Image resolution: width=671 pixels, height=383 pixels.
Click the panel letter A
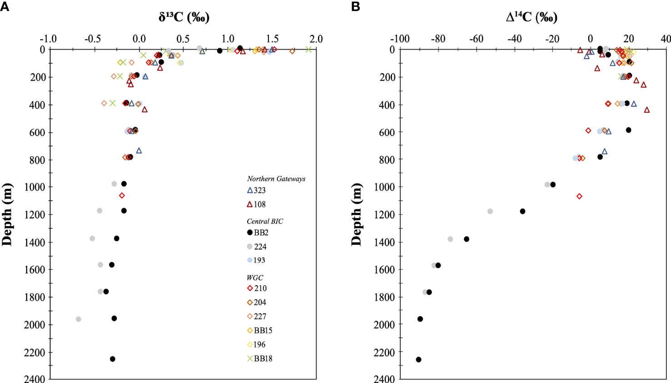tap(5, 6)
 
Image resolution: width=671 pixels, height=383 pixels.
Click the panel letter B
tap(355, 6)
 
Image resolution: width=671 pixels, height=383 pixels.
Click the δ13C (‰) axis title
tap(184, 17)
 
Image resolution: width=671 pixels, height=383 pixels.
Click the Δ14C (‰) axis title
tap(531, 17)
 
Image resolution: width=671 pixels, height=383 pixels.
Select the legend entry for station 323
tap(256, 190)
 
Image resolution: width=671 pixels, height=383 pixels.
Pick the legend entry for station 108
tap(256, 204)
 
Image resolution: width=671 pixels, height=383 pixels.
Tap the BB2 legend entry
tap(258, 232)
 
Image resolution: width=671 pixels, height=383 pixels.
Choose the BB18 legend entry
tap(259, 358)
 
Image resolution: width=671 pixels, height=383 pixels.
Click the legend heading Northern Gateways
tap(276, 179)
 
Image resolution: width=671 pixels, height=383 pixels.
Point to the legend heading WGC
tap(255, 277)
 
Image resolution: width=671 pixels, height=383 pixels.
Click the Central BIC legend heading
tap(265, 221)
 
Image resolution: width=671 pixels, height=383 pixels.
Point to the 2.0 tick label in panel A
tap(316, 39)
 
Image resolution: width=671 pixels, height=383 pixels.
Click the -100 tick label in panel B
tap(400, 39)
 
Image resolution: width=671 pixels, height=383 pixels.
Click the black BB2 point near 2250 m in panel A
tap(113, 359)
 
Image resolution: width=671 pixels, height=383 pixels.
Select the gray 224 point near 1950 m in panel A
tap(79, 319)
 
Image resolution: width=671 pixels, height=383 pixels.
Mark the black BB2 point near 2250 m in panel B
tap(418, 359)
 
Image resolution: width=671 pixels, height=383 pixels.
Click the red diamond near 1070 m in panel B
tap(579, 196)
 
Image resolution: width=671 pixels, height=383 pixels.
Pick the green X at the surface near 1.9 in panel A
tap(308, 49)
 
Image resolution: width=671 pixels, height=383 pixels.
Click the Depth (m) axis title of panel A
tap(7, 214)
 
